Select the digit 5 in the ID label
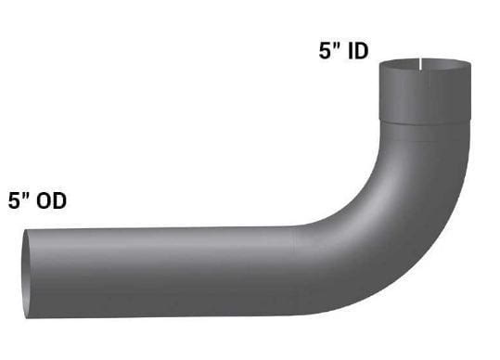pyautogui.click(x=325, y=52)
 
